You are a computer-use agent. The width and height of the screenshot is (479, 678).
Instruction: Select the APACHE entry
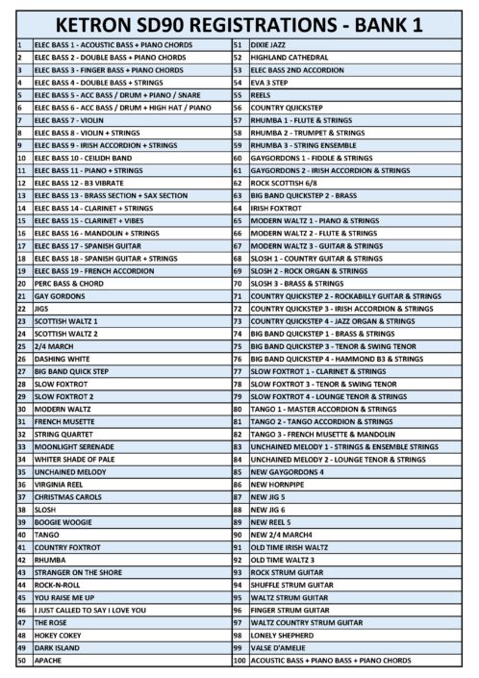coord(48,661)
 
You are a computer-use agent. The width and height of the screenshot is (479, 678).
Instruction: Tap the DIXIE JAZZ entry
coord(270,45)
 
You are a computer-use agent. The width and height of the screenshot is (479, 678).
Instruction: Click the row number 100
coord(239,661)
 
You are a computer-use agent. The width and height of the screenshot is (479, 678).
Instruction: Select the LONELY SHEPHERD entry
coord(282,636)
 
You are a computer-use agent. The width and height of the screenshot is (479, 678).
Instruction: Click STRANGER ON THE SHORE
coord(80,570)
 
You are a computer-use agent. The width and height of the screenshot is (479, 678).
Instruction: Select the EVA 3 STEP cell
coord(270,83)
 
